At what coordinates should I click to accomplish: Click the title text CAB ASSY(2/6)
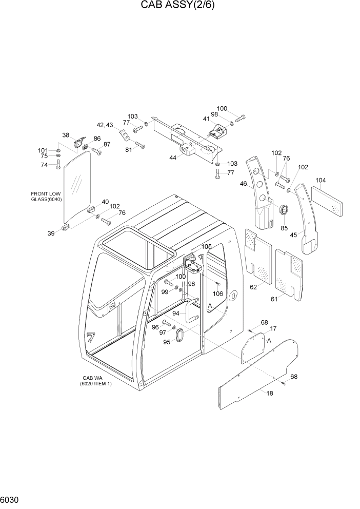coord(179,7)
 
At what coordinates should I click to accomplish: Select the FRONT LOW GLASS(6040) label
coord(46,197)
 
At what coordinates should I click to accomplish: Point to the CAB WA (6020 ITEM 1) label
coord(95,381)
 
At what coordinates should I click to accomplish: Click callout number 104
coord(321,180)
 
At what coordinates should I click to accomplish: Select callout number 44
coord(173,158)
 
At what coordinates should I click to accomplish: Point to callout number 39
coord(51,233)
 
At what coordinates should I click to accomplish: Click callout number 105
coord(206,247)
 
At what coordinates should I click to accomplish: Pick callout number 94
coord(176,313)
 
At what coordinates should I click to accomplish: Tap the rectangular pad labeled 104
coord(327,201)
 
